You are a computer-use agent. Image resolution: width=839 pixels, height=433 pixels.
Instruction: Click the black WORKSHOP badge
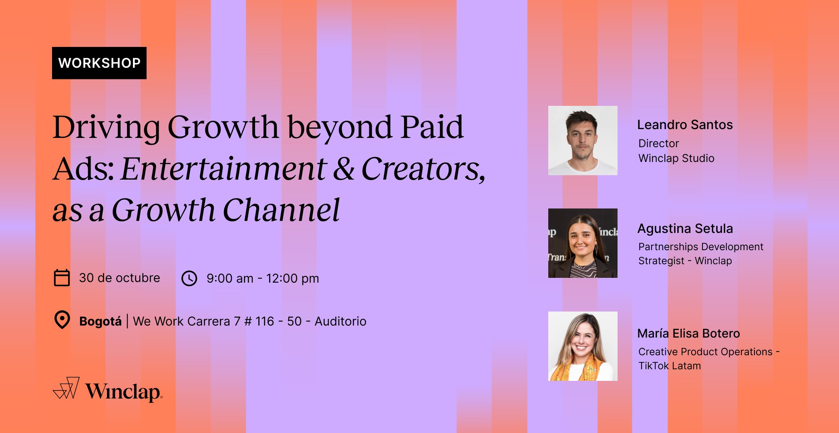click(99, 63)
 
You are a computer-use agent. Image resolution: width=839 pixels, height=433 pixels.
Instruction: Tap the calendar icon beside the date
click(62, 278)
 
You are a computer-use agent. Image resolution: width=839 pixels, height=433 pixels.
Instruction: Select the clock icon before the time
click(189, 278)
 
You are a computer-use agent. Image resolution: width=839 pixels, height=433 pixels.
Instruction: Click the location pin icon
click(62, 320)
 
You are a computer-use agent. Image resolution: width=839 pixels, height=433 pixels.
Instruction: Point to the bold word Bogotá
click(100, 322)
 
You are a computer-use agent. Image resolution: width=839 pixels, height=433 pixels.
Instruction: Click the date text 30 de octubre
click(119, 278)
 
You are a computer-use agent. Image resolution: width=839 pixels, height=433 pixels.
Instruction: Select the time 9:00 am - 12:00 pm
click(263, 278)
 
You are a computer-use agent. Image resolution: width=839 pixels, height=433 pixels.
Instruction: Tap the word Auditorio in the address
click(340, 322)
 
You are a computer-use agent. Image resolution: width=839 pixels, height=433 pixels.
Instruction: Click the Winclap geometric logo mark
click(66, 388)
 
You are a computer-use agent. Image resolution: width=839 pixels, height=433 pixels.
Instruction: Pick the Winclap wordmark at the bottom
click(124, 392)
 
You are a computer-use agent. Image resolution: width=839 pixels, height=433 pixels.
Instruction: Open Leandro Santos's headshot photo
click(583, 140)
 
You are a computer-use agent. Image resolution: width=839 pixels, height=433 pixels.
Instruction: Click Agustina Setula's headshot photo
click(583, 243)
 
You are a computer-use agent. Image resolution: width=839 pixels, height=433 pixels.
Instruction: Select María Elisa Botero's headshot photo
click(583, 346)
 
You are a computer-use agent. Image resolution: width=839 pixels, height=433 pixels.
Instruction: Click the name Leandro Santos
click(685, 125)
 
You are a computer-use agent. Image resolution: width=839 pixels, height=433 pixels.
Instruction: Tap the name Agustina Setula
click(685, 229)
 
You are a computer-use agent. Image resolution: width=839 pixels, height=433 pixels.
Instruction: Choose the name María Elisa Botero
click(688, 334)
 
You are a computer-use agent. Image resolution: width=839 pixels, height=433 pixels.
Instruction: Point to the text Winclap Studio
click(676, 158)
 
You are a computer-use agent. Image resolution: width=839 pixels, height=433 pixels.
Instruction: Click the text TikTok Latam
click(669, 366)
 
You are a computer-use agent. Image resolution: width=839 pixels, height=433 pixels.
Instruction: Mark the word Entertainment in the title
click(223, 169)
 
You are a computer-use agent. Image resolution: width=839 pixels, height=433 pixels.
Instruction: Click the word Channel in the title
click(281, 210)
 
